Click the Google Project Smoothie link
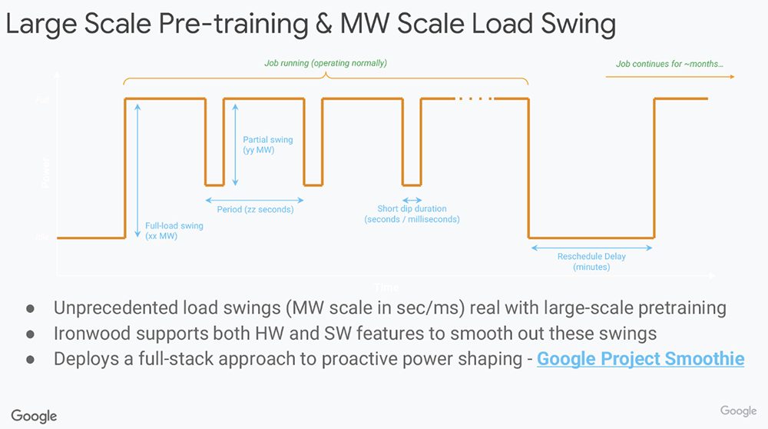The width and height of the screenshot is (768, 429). click(x=641, y=358)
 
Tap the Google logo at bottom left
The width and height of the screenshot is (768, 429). click(x=34, y=415)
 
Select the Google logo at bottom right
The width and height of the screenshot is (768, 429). click(x=738, y=411)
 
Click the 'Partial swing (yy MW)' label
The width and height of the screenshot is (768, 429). click(x=268, y=145)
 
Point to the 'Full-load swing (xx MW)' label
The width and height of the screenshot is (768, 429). click(x=164, y=231)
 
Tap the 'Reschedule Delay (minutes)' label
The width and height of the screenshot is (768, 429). click(x=591, y=261)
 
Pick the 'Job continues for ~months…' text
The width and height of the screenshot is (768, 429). click(x=669, y=64)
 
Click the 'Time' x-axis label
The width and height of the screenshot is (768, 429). click(x=386, y=287)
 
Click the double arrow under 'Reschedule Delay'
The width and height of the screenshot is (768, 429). click(x=591, y=248)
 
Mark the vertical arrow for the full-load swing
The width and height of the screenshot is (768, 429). click(x=137, y=169)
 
